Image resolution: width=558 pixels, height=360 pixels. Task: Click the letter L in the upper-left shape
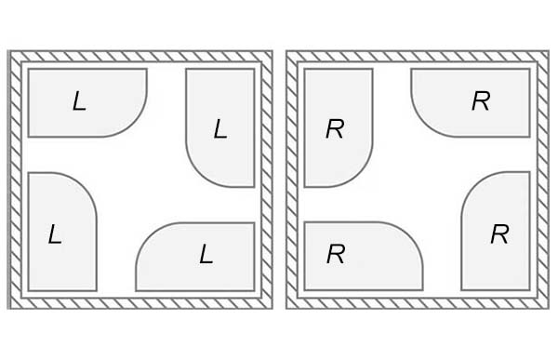79,101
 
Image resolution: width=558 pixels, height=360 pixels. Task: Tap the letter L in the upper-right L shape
220,128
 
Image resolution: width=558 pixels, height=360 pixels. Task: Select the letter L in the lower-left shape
55,233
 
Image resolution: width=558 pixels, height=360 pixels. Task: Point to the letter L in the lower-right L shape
206,254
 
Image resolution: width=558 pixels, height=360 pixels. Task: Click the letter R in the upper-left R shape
335,128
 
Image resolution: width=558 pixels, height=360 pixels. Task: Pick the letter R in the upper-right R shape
481,100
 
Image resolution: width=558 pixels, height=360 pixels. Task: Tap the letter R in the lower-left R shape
336,254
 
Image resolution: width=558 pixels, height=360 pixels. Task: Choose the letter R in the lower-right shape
499,233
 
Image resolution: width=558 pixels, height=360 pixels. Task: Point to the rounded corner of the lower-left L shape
86,184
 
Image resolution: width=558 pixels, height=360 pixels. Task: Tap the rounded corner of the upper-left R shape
362,176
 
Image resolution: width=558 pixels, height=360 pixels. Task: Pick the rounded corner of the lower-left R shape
412,233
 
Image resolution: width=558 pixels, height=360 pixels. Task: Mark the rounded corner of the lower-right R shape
472,184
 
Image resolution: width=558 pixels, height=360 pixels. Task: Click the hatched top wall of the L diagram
140,56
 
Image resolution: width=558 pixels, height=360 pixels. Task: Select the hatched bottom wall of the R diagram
418,303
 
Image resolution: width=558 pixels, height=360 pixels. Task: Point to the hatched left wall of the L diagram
15,180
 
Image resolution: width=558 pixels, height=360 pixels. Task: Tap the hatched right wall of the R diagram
543,180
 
